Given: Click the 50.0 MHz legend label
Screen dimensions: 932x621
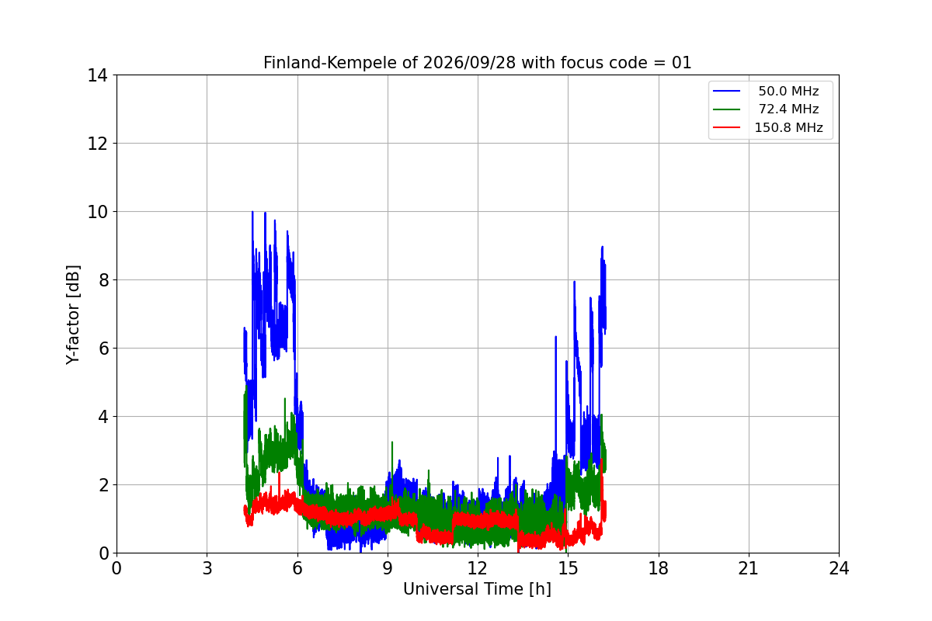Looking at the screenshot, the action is click(788, 91).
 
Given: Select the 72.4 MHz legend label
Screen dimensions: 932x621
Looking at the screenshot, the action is click(788, 109).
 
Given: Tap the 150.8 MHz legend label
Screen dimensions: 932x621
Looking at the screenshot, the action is click(788, 127).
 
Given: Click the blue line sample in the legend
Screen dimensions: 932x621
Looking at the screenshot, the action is click(726, 91).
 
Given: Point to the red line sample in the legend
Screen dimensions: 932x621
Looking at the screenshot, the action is click(726, 127).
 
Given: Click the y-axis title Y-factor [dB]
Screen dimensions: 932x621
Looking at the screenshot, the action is click(72, 315).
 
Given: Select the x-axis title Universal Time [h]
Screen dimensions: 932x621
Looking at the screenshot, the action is click(477, 589).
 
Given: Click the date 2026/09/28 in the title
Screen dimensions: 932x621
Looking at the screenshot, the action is click(469, 63).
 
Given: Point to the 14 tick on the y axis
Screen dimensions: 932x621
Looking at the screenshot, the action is click(97, 76).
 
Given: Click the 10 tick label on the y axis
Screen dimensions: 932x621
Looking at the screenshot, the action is click(97, 212).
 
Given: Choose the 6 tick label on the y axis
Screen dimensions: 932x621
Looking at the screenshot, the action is click(103, 349).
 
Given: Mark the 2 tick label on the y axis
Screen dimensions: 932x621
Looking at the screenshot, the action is click(103, 485).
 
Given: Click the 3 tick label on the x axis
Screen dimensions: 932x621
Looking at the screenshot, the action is click(207, 568).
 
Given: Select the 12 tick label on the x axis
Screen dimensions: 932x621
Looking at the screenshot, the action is click(478, 568).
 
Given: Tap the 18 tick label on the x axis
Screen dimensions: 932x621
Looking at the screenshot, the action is click(659, 568).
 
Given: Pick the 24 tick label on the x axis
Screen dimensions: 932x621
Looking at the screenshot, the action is click(839, 568).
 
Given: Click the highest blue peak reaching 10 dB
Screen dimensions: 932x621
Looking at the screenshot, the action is click(252, 212).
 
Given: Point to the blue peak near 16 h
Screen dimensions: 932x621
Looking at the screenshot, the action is click(602, 247).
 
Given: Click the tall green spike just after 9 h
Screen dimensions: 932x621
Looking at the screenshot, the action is click(392, 442).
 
